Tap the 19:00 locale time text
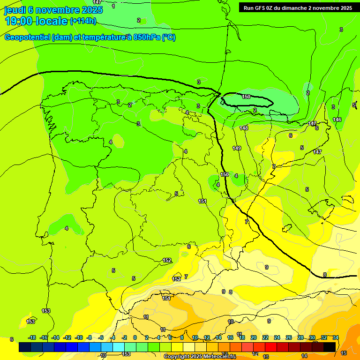[36, 21]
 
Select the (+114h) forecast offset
[83, 21]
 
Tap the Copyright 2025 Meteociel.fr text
[199, 357]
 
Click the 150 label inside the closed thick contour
[246, 97]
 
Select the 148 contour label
[244, 128]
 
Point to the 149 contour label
[237, 149]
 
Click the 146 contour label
[337, 120]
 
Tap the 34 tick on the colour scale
[336, 337]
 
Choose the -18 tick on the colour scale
[32, 337]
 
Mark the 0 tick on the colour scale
[135, 337]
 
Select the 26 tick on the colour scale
[289, 337]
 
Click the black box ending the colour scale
[330, 347]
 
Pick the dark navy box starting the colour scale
[25, 347]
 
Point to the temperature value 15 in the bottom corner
[344, 353]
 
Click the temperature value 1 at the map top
[113, 6]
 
